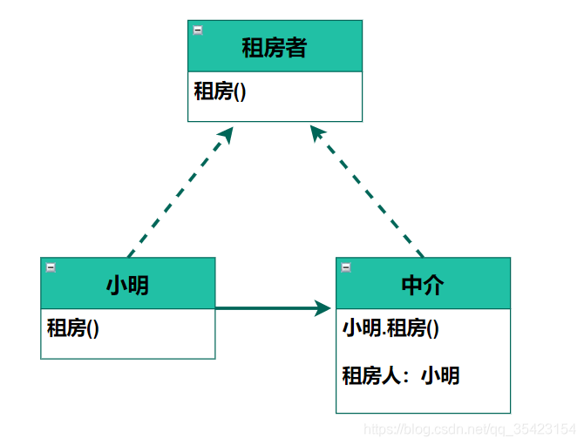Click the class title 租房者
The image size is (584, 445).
tap(274, 47)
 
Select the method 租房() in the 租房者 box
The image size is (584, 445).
tap(220, 91)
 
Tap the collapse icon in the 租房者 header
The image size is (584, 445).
tap(198, 30)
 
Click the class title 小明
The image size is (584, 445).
tap(127, 285)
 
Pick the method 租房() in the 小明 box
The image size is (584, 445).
tap(73, 328)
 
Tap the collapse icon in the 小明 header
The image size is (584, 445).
tap(51, 267)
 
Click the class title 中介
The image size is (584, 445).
tap(423, 285)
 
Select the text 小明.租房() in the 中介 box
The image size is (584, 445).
tap(390, 328)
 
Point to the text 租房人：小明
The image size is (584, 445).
tap(401, 375)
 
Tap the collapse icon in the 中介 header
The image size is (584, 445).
tap(346, 267)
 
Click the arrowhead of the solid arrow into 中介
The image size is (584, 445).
tap(323, 308)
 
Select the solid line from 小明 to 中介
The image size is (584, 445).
tap(261, 308)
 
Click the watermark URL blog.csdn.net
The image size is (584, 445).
tap(470, 429)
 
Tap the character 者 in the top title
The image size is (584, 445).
tap(296, 47)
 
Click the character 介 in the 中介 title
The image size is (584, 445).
tap(433, 285)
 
